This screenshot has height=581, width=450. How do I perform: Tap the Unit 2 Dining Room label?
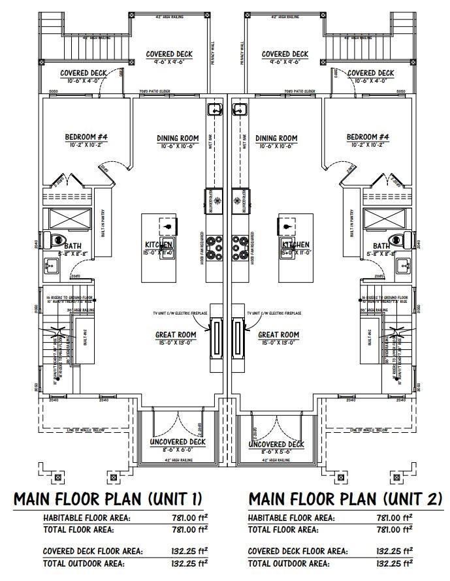point(276,138)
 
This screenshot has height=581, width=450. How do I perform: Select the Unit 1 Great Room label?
point(176,335)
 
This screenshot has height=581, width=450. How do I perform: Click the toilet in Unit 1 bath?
point(55,239)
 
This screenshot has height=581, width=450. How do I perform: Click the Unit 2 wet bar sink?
point(239,110)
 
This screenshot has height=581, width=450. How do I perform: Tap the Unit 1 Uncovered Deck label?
point(178,442)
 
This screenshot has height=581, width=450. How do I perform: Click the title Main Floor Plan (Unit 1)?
point(108,499)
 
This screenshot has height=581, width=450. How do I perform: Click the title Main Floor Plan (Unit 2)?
point(346,499)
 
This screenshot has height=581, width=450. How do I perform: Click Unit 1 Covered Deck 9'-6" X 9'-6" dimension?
point(167,63)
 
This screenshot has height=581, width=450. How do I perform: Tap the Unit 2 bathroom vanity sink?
point(402,265)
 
